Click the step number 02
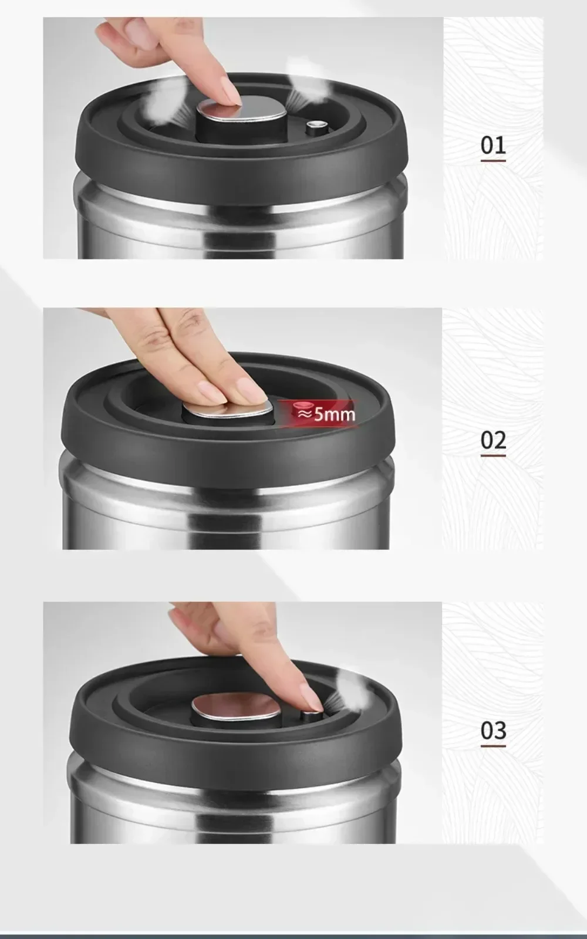[x=493, y=440]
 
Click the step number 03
[x=493, y=731]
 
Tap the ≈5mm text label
[x=326, y=414]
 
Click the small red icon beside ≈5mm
[x=302, y=405]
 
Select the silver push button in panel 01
[x=242, y=109]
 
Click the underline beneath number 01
[x=493, y=161]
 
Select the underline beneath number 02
[x=493, y=455]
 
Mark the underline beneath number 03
[x=493, y=746]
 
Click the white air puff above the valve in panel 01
[x=305, y=84]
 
